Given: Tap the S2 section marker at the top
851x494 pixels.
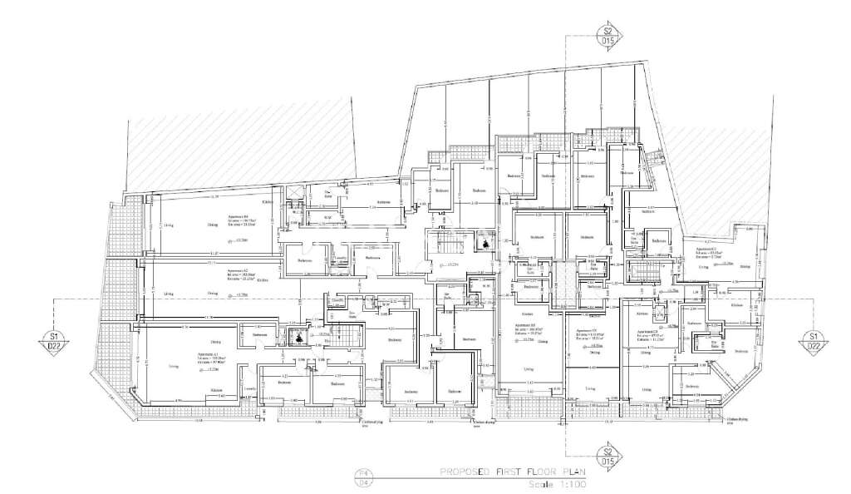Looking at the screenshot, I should (x=608, y=35).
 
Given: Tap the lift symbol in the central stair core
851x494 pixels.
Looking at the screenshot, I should (x=483, y=244).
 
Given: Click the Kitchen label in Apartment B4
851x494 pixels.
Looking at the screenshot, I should (x=268, y=202).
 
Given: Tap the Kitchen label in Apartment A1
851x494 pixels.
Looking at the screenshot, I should (x=215, y=390).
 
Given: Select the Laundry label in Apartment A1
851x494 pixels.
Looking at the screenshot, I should (x=248, y=388).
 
